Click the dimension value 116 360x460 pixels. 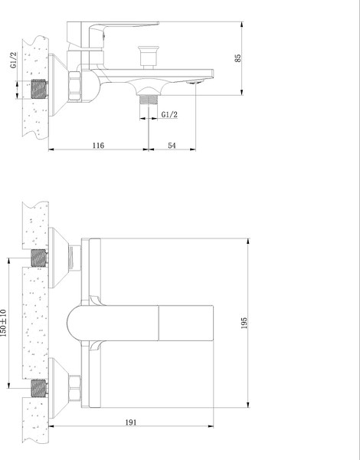97,144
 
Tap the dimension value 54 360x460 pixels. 172,144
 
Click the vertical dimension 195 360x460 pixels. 244,322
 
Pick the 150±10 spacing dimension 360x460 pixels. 6,322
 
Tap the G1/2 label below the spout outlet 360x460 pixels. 170,115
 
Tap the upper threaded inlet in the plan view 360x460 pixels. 38,258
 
